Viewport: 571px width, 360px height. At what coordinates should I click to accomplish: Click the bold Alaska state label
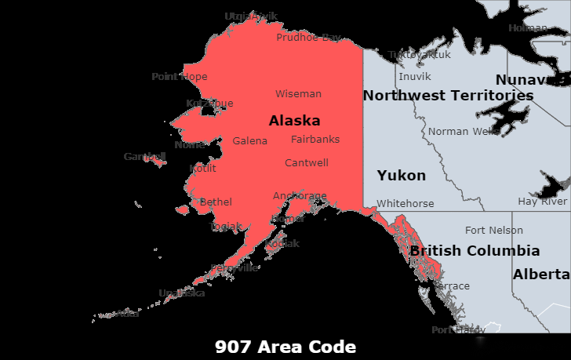coord(294,121)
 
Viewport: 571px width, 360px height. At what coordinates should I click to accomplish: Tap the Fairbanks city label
coord(315,139)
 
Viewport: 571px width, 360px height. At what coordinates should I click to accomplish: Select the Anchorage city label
coord(300,195)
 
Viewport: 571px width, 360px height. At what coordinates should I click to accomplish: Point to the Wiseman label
coord(298,93)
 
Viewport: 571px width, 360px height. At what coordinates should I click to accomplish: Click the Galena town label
coord(249,141)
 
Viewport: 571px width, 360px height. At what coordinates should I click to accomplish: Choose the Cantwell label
coord(306,162)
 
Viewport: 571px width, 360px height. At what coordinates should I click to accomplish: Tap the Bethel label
coord(216,202)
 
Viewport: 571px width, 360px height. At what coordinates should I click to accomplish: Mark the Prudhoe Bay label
coord(308,37)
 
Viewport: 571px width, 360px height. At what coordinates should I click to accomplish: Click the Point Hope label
coord(180,76)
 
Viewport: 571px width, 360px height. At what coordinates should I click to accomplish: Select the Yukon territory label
coord(401,175)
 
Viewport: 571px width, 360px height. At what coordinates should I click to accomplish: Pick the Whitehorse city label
coord(405,203)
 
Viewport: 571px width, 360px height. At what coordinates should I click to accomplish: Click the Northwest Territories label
coord(448,96)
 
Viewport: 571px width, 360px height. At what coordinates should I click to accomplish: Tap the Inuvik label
coord(414,76)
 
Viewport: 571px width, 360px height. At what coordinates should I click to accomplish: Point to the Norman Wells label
coord(464,131)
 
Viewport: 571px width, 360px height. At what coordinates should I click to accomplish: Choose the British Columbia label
coord(475,251)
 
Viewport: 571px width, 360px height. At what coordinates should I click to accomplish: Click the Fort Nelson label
coord(493,230)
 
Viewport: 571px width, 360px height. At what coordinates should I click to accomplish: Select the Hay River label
coord(542,202)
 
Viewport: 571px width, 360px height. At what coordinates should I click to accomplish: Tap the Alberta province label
coord(541,275)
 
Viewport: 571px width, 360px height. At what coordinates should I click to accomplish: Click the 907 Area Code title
coord(285,347)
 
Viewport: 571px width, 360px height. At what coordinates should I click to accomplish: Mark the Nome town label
coord(189,144)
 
